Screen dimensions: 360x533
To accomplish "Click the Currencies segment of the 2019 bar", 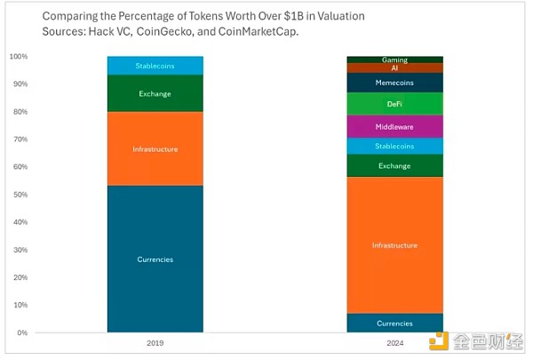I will pos(155,259).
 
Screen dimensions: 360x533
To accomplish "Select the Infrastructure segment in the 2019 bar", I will pos(155,148).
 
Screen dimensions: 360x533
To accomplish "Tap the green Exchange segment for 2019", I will pos(155,93).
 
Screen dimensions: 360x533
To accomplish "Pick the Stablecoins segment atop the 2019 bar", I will pos(155,66).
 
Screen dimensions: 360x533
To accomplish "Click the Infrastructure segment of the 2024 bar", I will pos(394,244).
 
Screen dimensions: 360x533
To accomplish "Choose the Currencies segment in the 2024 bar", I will pos(394,323).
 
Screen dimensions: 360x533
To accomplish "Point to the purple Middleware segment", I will pos(394,126).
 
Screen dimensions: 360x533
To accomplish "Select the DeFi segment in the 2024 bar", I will pos(394,104).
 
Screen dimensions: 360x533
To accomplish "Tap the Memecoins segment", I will pos(394,83).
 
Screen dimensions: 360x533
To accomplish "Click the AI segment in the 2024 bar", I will pos(394,68).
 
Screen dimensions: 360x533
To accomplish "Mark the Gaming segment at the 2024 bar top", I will pos(394,60).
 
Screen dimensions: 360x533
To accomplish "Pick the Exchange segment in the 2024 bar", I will pos(394,165).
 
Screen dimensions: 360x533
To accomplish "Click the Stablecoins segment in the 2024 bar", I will pos(394,146).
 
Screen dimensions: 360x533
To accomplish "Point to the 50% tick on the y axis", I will pos(19,195).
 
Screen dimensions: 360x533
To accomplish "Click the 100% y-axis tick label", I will pos(18,57).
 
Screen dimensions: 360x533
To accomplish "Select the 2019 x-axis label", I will pos(155,342).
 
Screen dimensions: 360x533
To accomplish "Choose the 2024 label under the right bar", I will pos(394,342).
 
